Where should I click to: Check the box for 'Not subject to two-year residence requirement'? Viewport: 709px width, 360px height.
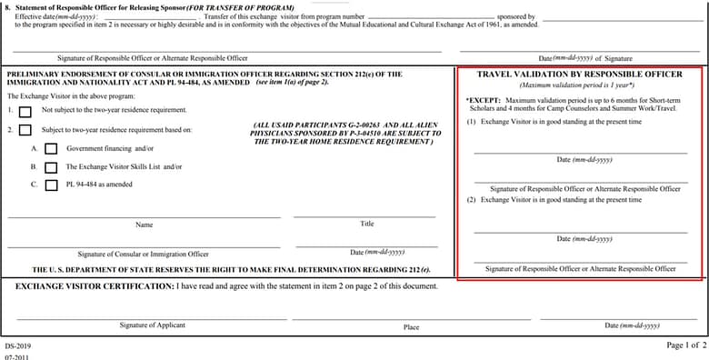click(25, 111)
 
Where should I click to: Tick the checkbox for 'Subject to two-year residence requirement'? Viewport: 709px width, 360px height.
click(25, 130)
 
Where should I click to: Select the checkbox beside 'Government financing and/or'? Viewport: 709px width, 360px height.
click(51, 148)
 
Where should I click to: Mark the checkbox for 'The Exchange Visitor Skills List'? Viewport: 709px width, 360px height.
click(51, 167)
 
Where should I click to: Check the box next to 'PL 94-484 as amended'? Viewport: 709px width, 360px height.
click(51, 185)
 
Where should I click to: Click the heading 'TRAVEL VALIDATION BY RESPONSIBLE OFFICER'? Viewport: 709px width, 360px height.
click(579, 75)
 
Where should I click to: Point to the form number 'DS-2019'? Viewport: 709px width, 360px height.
click(17, 346)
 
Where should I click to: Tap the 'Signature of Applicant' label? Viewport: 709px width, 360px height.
click(152, 325)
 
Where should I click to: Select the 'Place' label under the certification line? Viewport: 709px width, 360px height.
click(412, 326)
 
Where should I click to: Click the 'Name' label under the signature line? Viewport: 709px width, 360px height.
click(144, 224)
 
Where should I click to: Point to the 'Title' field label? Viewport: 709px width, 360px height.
click(367, 224)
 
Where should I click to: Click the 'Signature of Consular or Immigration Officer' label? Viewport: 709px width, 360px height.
click(143, 254)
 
